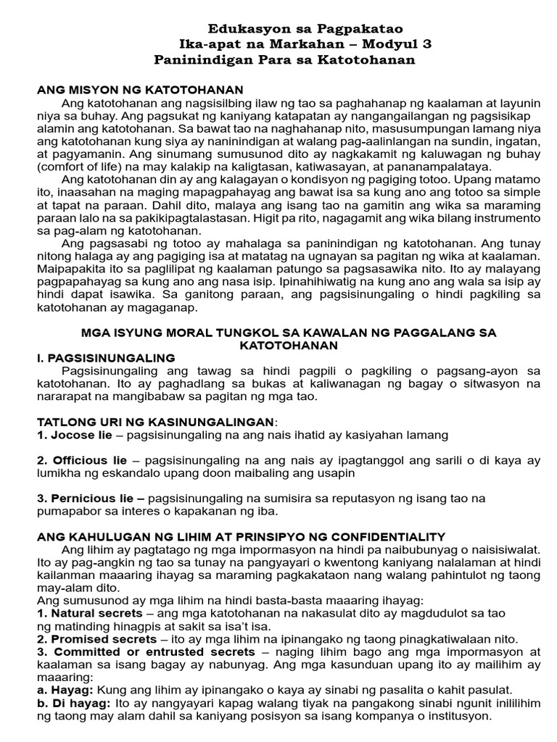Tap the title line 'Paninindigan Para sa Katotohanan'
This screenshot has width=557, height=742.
click(x=285, y=59)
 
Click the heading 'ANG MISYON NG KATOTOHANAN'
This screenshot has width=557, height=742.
click(x=140, y=89)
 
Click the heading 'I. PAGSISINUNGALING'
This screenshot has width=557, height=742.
click(x=106, y=358)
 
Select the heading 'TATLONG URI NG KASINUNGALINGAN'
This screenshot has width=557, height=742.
click(x=155, y=422)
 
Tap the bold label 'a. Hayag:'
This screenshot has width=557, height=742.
click(x=65, y=690)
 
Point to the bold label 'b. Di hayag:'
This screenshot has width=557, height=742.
click(x=73, y=703)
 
